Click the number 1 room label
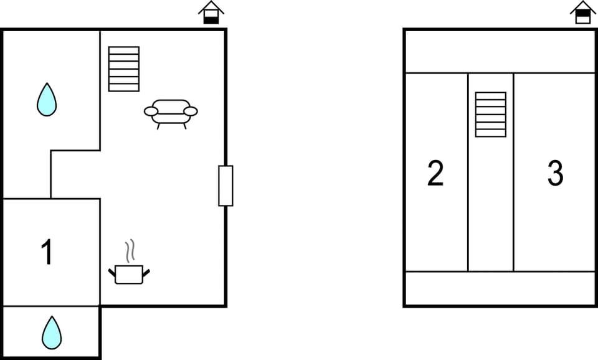[x=47, y=252]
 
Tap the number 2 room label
[x=435, y=173]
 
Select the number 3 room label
[x=555, y=173]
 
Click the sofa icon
[x=171, y=114]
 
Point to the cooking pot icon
[x=129, y=274]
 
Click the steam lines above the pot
[x=130, y=250]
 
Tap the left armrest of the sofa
[x=151, y=111]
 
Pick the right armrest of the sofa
[x=191, y=111]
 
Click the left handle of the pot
[x=112, y=273]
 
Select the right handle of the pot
[x=146, y=273]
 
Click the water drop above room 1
[x=47, y=100]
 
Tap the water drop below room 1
[x=52, y=333]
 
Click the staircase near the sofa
[x=124, y=69]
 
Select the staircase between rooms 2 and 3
[x=491, y=115]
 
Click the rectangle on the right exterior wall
[x=225, y=186]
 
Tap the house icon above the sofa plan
[x=211, y=12]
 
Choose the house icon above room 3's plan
[x=583, y=12]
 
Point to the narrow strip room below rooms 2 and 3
[x=500, y=288]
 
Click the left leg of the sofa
[x=158, y=126]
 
